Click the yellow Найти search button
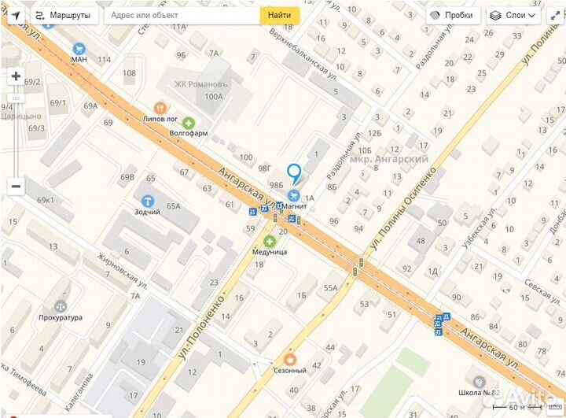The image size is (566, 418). tap(279, 15)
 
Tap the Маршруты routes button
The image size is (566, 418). tap(63, 15)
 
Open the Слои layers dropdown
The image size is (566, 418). tap(513, 15)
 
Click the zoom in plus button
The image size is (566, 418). tap(16, 76)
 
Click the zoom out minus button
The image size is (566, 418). tap(16, 187)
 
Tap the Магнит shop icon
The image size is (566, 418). tap(294, 195)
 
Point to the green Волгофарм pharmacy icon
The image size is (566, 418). tap(189, 123)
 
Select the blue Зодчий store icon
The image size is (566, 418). tap(147, 202)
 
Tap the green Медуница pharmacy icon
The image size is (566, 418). tap(270, 241)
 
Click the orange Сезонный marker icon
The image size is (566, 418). tap(289, 360)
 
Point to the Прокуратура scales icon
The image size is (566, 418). tap(61, 306)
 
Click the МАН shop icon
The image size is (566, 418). tap(79, 48)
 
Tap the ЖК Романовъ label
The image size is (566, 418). tap(200, 83)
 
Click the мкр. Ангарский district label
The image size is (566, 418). tap(388, 159)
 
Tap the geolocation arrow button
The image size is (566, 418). tap(16, 15)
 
